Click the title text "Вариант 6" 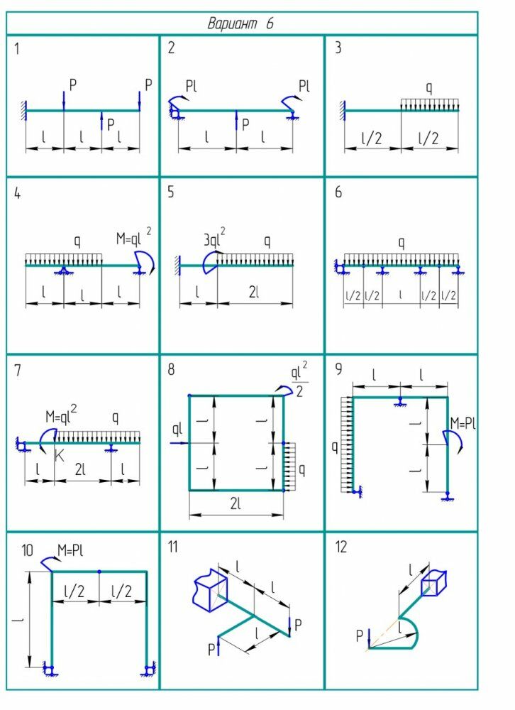click(x=240, y=23)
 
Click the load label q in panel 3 click(x=428, y=89)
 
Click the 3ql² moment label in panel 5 click(x=214, y=239)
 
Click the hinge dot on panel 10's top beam click(x=99, y=571)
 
